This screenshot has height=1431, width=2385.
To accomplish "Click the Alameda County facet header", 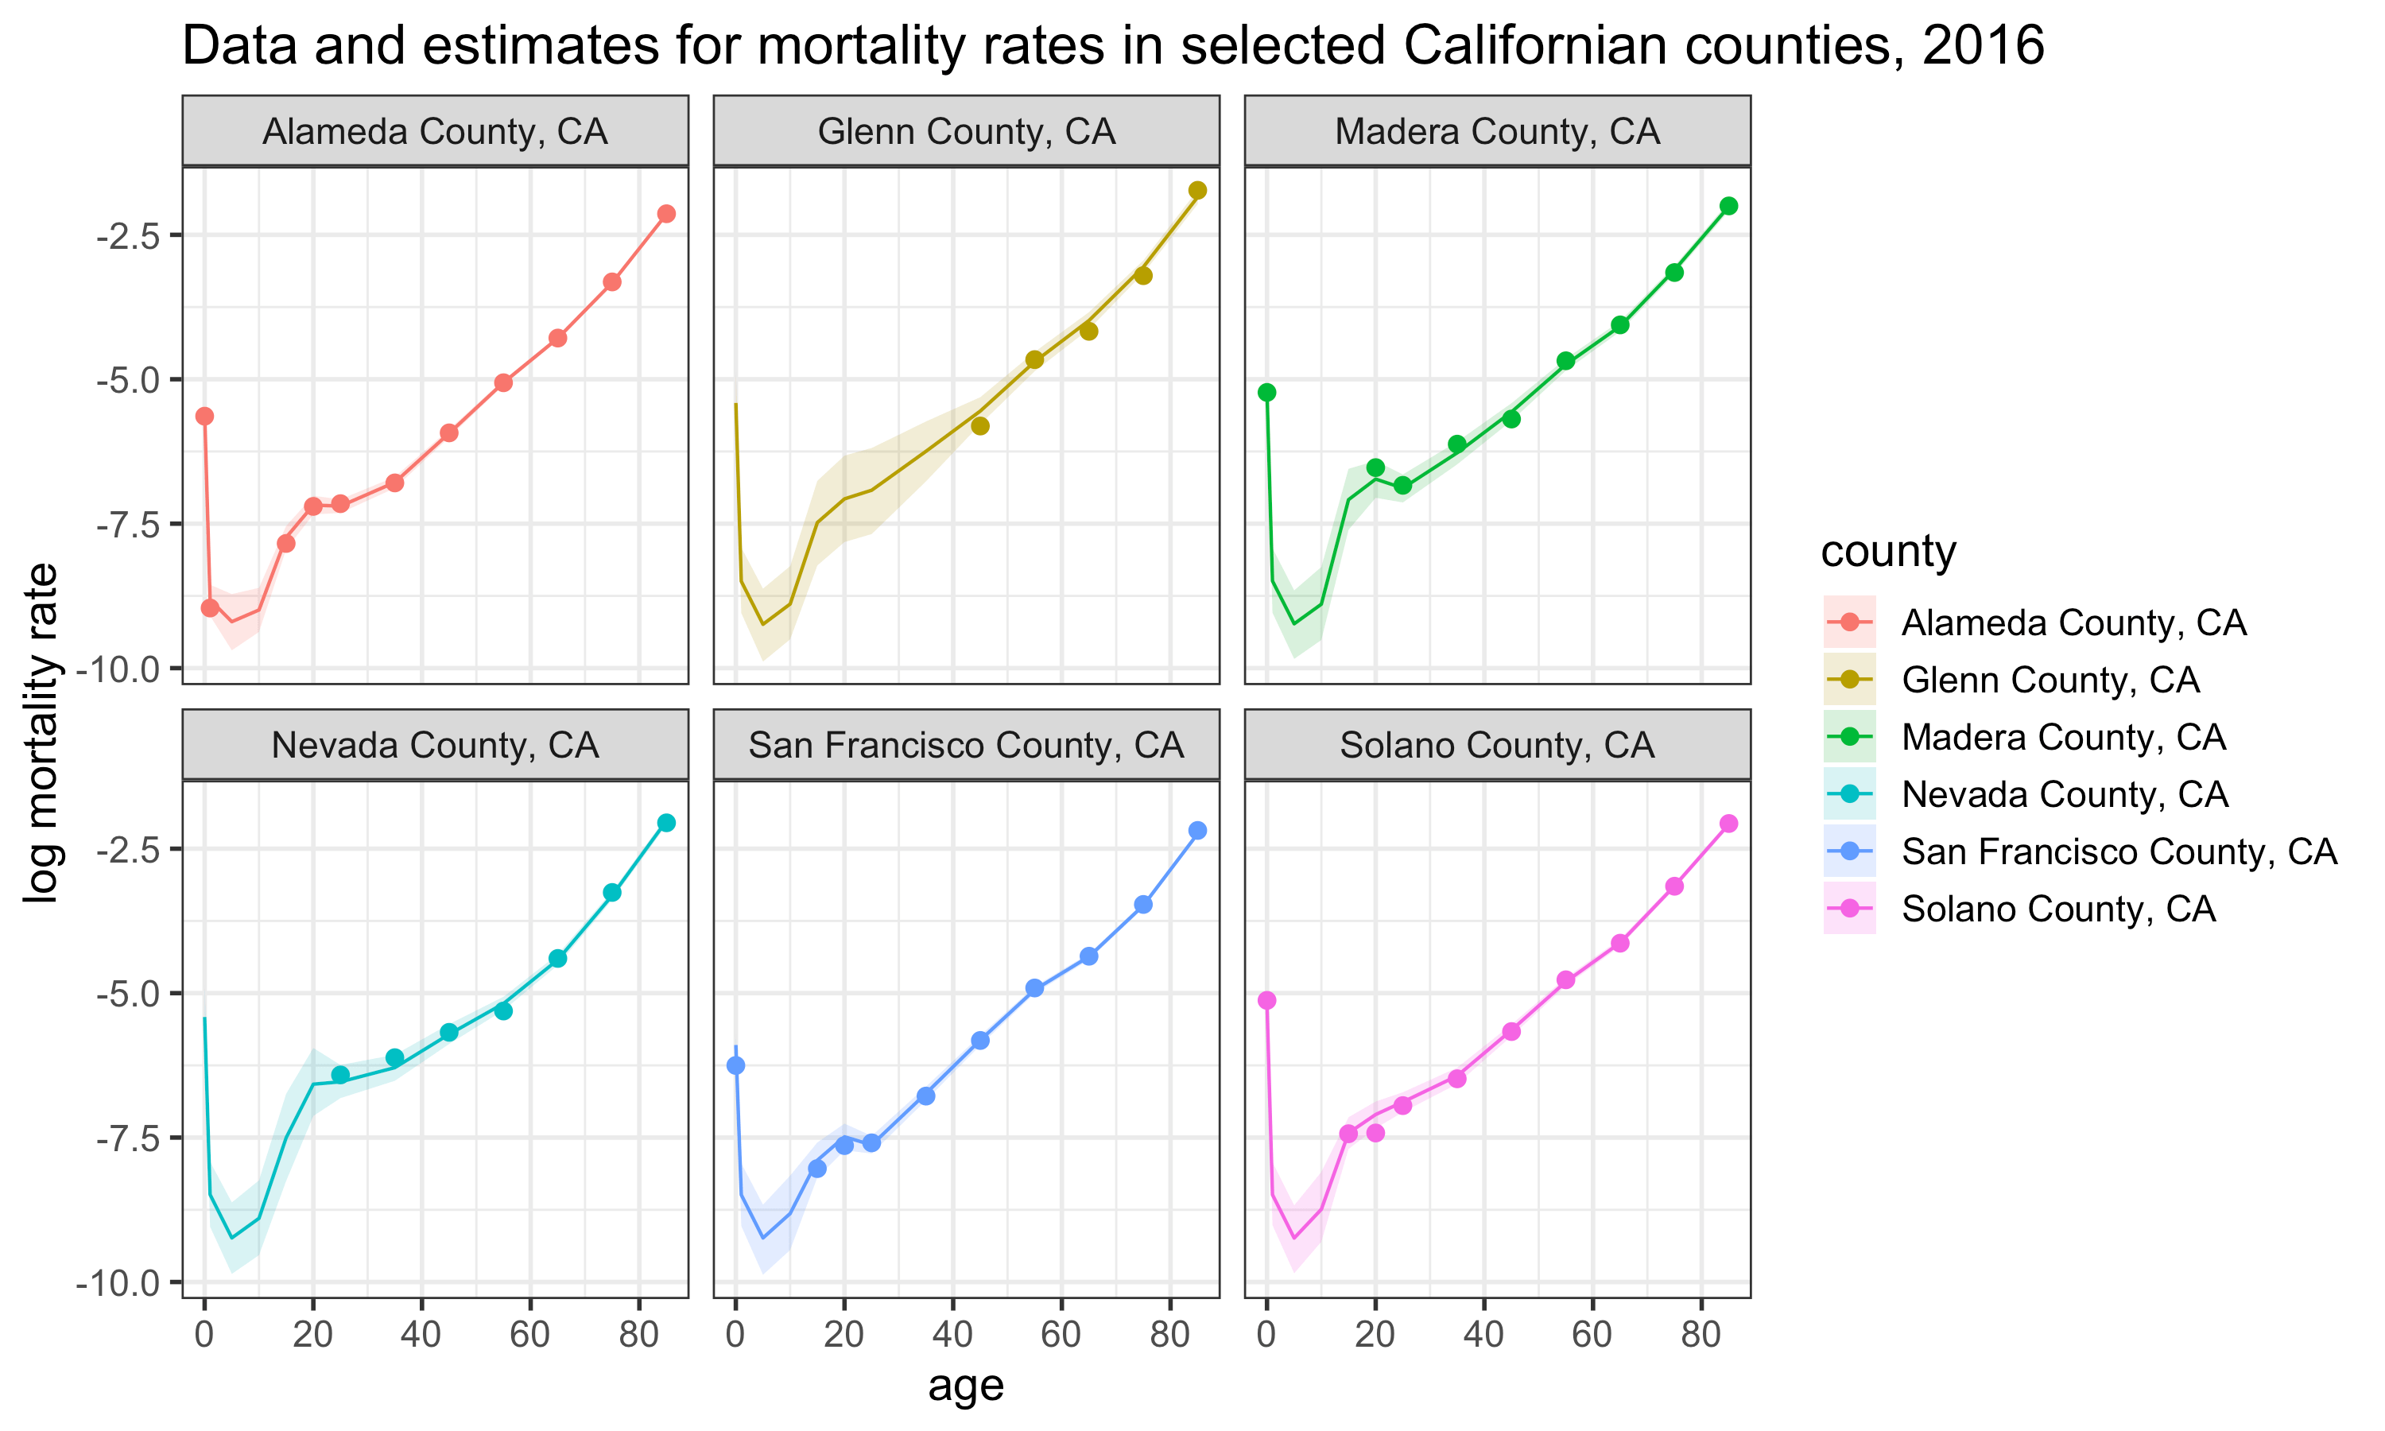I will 435,131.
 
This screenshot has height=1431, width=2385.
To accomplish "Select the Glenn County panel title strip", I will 966,131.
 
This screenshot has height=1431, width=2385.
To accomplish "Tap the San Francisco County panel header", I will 966,746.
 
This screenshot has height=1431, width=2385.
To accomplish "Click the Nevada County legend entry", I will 2063,794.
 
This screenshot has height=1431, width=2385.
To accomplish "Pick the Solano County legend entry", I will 2057,909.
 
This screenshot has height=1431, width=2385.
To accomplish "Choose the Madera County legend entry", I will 2062,738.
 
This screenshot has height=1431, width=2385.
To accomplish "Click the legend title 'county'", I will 1887,552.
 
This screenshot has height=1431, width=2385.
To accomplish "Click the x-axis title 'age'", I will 966,1385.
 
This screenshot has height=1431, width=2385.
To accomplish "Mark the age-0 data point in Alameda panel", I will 204,417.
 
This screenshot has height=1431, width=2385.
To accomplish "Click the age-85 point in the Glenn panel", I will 1197,191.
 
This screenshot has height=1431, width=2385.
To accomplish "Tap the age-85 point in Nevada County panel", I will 666,823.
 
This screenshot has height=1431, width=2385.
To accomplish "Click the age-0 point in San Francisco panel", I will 735,1065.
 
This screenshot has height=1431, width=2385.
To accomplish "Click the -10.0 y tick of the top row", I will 123,669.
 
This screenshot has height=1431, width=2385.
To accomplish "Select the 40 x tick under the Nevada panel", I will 421,1336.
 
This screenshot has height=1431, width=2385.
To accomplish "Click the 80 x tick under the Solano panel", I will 1701,1336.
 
